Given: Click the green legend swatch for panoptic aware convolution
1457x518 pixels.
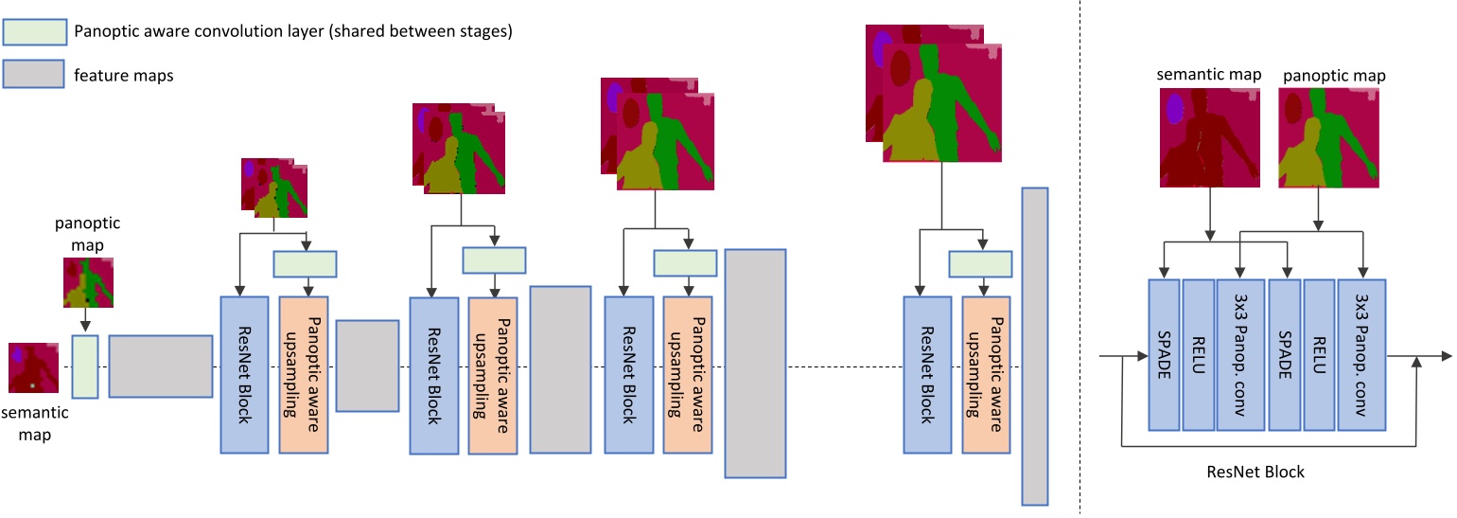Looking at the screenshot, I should click(x=35, y=31).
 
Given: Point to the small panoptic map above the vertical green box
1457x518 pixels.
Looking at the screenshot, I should click(x=88, y=283).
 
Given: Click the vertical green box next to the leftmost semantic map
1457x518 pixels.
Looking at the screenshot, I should click(x=85, y=366).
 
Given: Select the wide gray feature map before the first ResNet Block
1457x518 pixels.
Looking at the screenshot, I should click(x=160, y=366).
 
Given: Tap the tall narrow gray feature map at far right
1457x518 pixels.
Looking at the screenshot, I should click(x=1035, y=347).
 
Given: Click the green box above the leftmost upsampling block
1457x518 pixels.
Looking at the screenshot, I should click(x=305, y=262).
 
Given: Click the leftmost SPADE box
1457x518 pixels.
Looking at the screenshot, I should click(x=1163, y=354).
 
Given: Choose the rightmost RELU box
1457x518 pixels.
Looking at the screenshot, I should click(x=1320, y=354).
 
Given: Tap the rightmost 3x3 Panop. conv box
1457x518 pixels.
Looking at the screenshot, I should click(x=1362, y=354).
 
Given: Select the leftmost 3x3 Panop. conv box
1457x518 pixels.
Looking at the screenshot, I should click(x=1241, y=354).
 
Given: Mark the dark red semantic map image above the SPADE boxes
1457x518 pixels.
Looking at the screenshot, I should click(x=1210, y=136).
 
